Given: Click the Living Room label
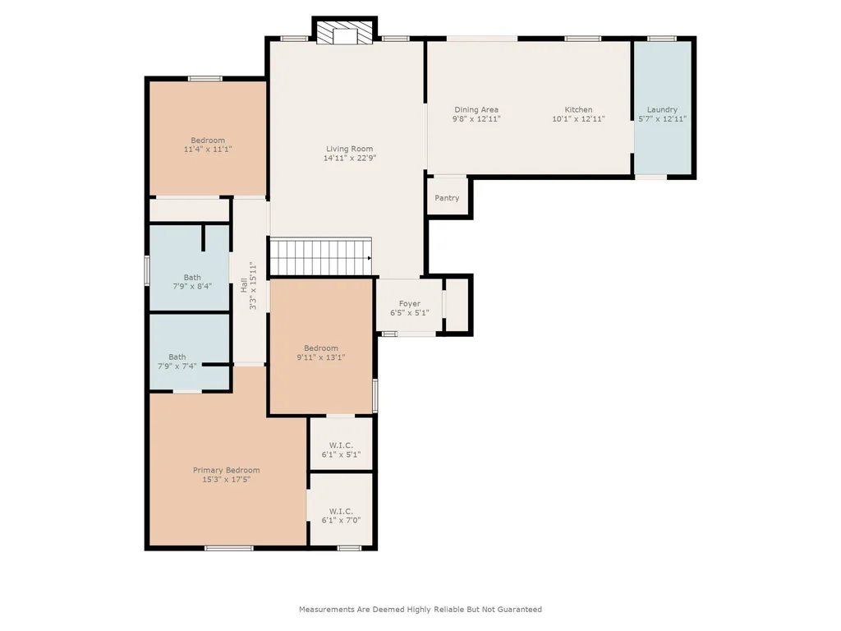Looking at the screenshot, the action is (349, 149).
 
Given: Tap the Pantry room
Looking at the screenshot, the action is (448, 197).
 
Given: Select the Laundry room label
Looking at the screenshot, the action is (663, 109).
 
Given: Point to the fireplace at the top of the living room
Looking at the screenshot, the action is (345, 33).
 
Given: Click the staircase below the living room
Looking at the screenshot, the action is (320, 257).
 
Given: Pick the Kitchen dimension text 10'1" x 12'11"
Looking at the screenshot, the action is (579, 118).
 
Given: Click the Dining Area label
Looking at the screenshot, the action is (476, 109).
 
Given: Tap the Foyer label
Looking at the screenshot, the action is (410, 304).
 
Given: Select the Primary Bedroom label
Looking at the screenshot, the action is (227, 470).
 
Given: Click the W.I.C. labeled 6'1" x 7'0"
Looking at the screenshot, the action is (341, 509).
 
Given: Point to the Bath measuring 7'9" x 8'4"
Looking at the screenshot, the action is (190, 268).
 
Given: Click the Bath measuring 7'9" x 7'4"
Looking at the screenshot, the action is (190, 352).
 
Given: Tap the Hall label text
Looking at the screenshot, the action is (244, 285).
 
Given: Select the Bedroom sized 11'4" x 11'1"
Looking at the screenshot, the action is (208, 138).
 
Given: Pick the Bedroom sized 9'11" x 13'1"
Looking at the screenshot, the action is (321, 346).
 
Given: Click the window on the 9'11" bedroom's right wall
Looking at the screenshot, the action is (375, 395).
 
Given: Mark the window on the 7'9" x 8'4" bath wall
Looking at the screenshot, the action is (147, 269).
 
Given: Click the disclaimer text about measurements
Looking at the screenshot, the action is (420, 609).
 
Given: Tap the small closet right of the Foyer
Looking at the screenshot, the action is (457, 305).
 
